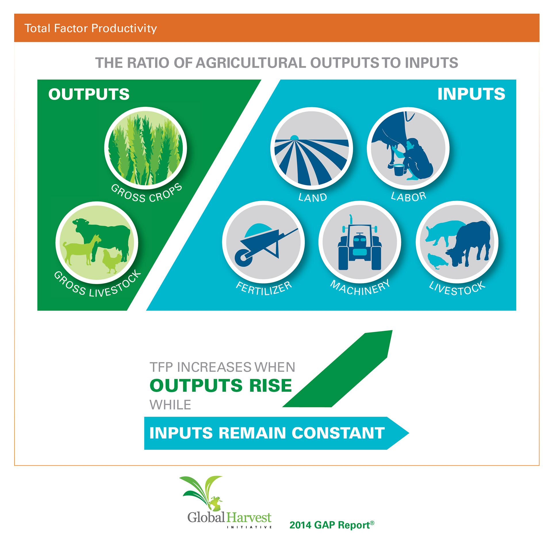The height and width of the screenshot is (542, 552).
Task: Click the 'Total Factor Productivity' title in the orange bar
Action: [x=91, y=28]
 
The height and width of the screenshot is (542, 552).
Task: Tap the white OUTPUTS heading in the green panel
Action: [x=89, y=94]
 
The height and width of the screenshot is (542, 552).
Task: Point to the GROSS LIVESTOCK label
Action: [x=97, y=285]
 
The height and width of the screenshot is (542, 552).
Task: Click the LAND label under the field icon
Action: [x=313, y=197]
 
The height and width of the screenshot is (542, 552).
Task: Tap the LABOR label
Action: [x=409, y=197]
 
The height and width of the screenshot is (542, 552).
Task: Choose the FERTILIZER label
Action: [x=264, y=288]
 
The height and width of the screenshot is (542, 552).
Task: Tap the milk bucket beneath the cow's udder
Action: [x=399, y=170]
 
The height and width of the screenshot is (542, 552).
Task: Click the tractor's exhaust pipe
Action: [x=351, y=219]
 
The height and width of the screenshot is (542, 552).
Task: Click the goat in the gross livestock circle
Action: [x=82, y=249]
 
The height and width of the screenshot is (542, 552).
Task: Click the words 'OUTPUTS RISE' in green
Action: [x=221, y=385]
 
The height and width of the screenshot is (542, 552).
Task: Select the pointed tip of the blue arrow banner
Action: [x=409, y=433]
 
